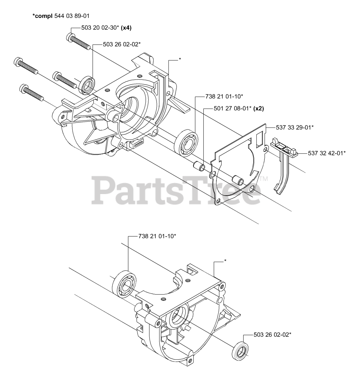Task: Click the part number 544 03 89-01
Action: (x=72, y=15)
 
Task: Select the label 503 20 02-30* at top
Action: (x=100, y=28)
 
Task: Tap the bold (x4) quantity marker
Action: (x=126, y=28)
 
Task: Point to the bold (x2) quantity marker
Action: (x=258, y=108)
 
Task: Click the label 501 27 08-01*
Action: (x=232, y=108)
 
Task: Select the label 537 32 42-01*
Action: (x=322, y=153)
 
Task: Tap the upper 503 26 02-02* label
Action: (x=121, y=44)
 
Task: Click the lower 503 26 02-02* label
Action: (x=272, y=335)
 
